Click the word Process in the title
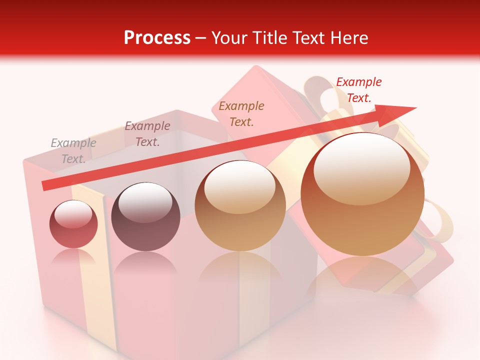pyautogui.click(x=157, y=38)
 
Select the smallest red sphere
pyautogui.click(x=73, y=224)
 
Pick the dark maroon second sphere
pyautogui.click(x=145, y=217)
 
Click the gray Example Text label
pyautogui.click(x=73, y=150)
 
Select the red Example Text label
pyautogui.click(x=358, y=90)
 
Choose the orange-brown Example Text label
pyautogui.click(x=241, y=113)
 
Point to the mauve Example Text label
pyautogui.click(x=147, y=134)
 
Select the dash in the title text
pyautogui.click(x=200, y=38)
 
